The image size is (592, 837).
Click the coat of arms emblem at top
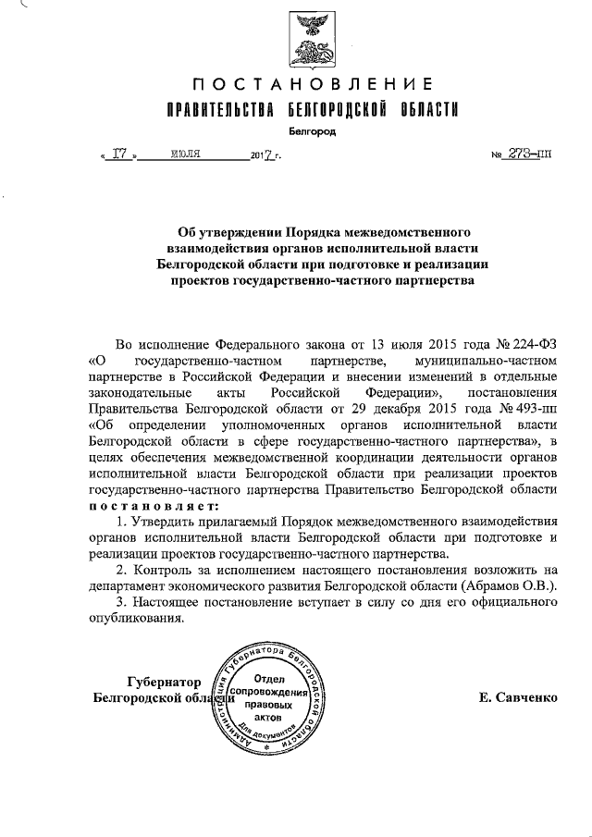pos(311,41)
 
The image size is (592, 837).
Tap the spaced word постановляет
pos(154,506)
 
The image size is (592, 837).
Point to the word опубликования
pos(132,619)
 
